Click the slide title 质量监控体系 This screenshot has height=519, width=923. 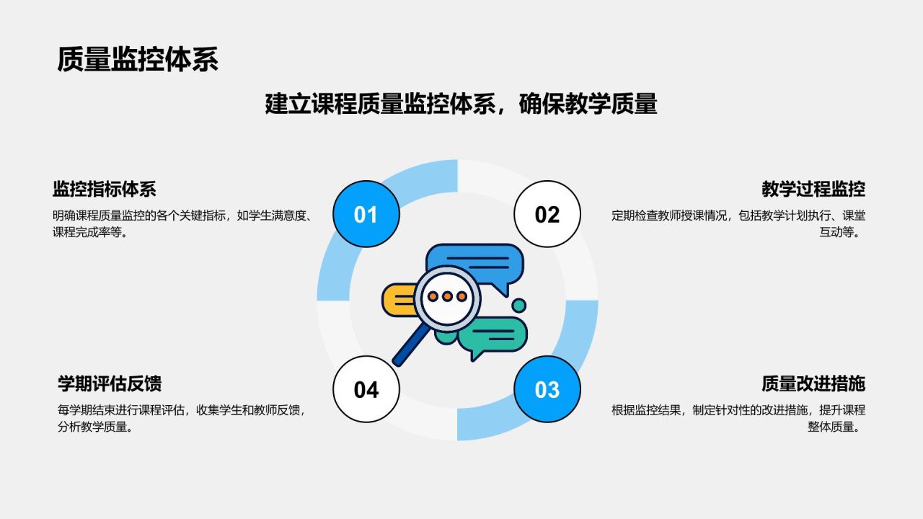pos(137,60)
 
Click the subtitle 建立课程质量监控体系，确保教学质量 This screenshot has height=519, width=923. pos(461,104)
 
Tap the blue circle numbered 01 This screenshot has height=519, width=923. pos(366,214)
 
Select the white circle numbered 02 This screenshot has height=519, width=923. pos(547,214)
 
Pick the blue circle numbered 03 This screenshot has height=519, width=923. pos(547,389)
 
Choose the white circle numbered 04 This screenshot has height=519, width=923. pos(366,389)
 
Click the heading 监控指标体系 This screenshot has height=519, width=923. pos(104,190)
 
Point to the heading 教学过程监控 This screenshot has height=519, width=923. pos(813,190)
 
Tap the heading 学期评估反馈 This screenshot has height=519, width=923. pos(110,383)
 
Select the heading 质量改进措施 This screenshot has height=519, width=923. pos(813,383)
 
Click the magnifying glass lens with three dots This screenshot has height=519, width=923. pos(447,296)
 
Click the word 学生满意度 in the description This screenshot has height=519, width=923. pos(277,216)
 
